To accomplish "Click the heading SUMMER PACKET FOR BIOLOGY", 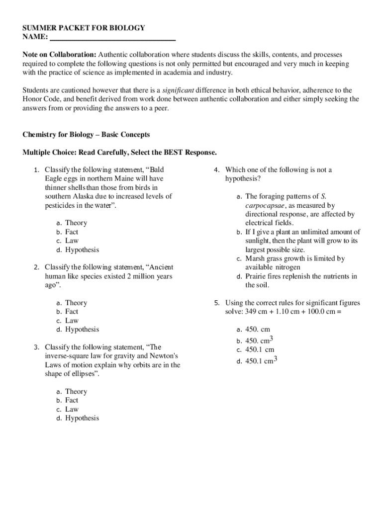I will click(x=84, y=28).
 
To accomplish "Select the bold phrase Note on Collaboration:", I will click(x=59, y=54).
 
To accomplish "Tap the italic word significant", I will click(x=178, y=90).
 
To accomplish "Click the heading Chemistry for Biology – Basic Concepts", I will click(x=86, y=135).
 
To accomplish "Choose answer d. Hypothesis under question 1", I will click(x=77, y=250).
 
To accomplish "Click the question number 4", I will click(x=217, y=170).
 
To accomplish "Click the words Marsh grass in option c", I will click(x=265, y=258).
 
